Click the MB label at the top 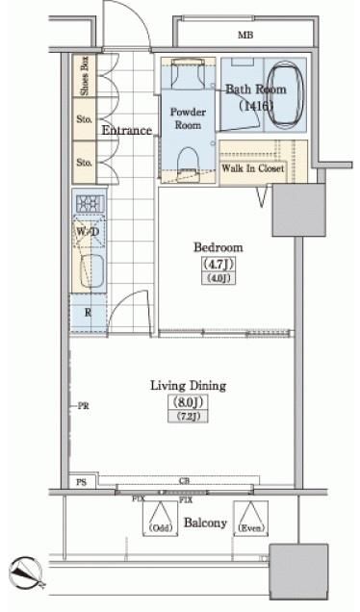tap(246, 36)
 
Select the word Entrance tap(127, 130)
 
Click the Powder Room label tap(188, 117)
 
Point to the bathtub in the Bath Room tap(284, 96)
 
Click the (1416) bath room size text tap(256, 106)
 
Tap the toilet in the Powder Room tap(189, 157)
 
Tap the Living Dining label tap(188, 386)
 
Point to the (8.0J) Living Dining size tap(189, 402)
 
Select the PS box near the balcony tap(81, 481)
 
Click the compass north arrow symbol tap(26, 575)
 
